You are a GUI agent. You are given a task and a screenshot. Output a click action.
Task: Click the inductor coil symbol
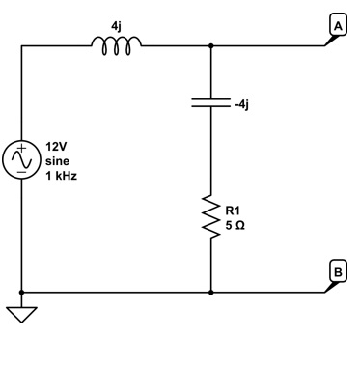pyautogui.click(x=116, y=42)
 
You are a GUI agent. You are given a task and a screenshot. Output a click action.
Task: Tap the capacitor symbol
pyautogui.click(x=210, y=104)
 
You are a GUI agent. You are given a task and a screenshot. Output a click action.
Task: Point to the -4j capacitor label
pyautogui.click(x=241, y=104)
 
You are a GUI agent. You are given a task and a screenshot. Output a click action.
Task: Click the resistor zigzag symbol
pyautogui.click(x=210, y=216)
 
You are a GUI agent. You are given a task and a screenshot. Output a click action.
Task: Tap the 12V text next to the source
pyautogui.click(x=57, y=148)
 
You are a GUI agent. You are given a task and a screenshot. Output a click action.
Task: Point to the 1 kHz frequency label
pyautogui.click(x=61, y=177)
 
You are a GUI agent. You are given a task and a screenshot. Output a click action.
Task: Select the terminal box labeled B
pyautogui.click(x=337, y=271)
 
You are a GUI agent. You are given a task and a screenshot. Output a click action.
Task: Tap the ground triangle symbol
pyautogui.click(x=20, y=312)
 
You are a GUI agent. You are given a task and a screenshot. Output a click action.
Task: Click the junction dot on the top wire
pyautogui.click(x=210, y=44)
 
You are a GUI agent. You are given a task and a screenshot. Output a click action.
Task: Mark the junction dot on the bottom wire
pyautogui.click(x=210, y=291)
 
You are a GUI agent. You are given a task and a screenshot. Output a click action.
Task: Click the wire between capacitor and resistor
pyautogui.click(x=210, y=154)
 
